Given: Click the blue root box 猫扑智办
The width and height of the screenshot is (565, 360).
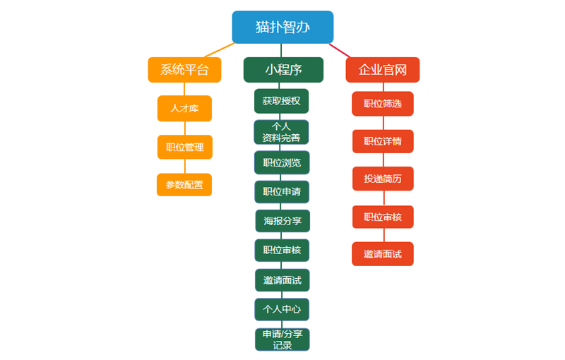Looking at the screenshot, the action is pyautogui.click(x=282, y=27).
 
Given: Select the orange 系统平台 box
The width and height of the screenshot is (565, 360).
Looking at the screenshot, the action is pyautogui.click(x=184, y=70).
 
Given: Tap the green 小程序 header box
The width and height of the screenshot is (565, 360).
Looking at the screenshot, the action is pyautogui.click(x=283, y=70).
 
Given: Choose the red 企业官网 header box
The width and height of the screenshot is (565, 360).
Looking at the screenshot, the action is pyautogui.click(x=383, y=70).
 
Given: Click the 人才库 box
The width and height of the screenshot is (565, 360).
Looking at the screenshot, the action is pyautogui.click(x=184, y=109).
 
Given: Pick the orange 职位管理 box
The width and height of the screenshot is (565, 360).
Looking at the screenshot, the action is pyautogui.click(x=185, y=147).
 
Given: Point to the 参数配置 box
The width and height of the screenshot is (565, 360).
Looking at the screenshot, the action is pyautogui.click(x=184, y=185).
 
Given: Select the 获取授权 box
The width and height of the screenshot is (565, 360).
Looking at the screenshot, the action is pyautogui.click(x=281, y=101).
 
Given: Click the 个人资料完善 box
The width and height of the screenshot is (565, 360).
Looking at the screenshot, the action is pyautogui.click(x=281, y=132).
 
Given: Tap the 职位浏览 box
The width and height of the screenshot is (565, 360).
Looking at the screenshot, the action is pyautogui.click(x=282, y=163).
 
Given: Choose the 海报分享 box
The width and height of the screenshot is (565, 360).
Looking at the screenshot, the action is pyautogui.click(x=282, y=221).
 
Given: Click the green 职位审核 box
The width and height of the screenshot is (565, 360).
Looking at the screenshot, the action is pyautogui.click(x=282, y=250).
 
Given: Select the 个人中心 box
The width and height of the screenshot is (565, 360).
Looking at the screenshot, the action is pyautogui.click(x=282, y=309).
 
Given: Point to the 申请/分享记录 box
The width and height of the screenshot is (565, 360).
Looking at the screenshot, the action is pyautogui.click(x=282, y=340).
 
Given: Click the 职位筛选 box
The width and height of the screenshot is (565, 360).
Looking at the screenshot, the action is pyautogui.click(x=383, y=104).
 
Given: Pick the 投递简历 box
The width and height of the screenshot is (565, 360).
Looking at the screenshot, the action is pyautogui.click(x=383, y=179).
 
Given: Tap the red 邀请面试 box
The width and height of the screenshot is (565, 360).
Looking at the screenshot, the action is pyautogui.click(x=383, y=254).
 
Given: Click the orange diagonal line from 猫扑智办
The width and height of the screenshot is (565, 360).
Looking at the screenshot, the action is pyautogui.click(x=220, y=50).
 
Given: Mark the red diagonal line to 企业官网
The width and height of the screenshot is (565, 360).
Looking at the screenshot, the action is pyautogui.click(x=340, y=50).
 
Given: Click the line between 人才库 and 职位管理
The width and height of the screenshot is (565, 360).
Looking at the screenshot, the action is pyautogui.click(x=185, y=128).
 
